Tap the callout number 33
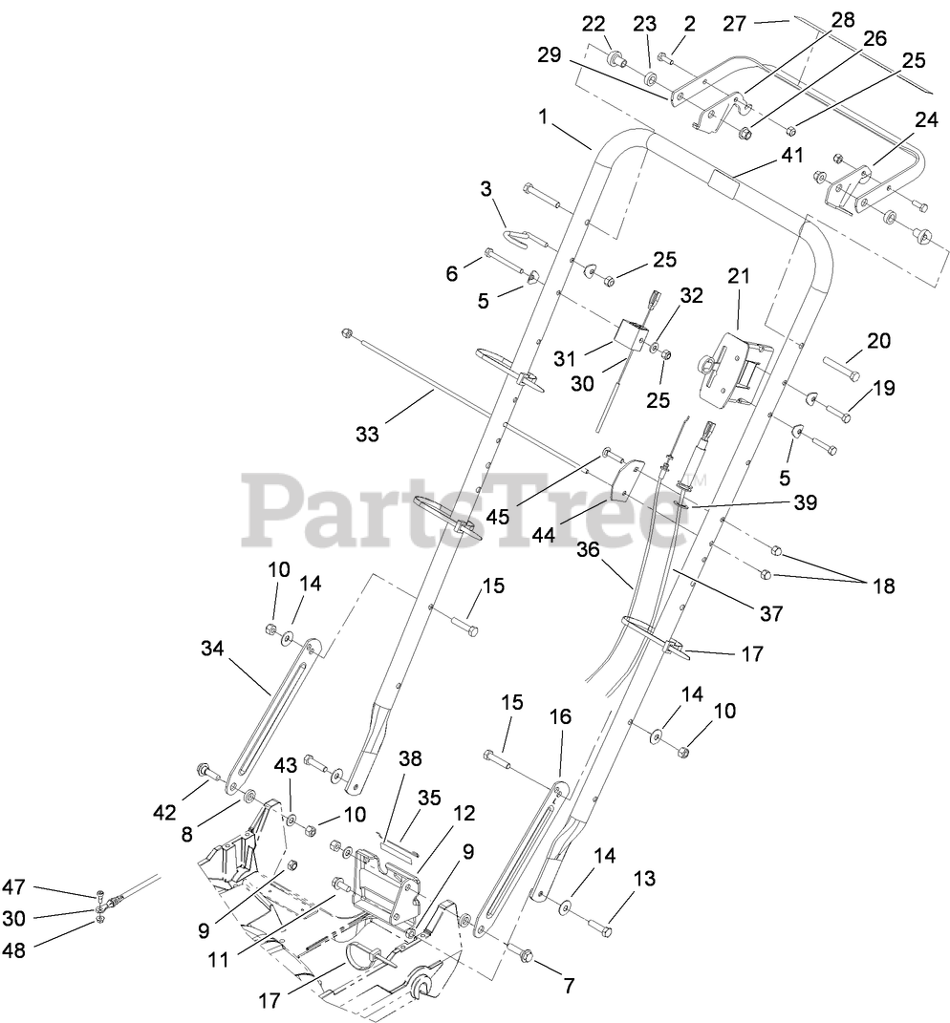point(367,434)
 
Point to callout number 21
point(738,277)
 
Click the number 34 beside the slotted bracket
point(213,650)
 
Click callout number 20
point(878,341)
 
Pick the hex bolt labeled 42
point(205,769)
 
